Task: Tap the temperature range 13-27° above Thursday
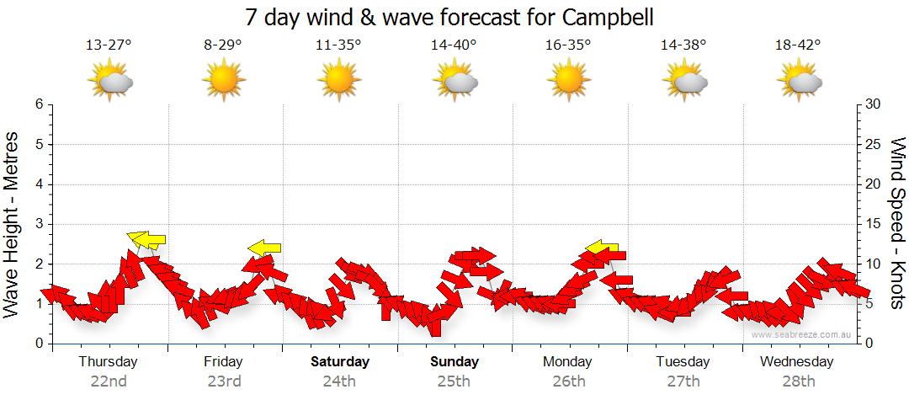click(109, 45)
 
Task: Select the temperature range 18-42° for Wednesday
click(797, 45)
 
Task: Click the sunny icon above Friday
click(224, 80)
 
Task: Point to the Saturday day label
click(340, 362)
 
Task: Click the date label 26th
click(570, 381)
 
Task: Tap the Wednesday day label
click(796, 362)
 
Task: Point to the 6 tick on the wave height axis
click(39, 104)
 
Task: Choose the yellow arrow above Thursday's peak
click(146, 239)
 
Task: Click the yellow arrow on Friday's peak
click(264, 248)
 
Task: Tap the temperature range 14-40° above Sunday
click(454, 45)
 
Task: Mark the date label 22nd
click(109, 381)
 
